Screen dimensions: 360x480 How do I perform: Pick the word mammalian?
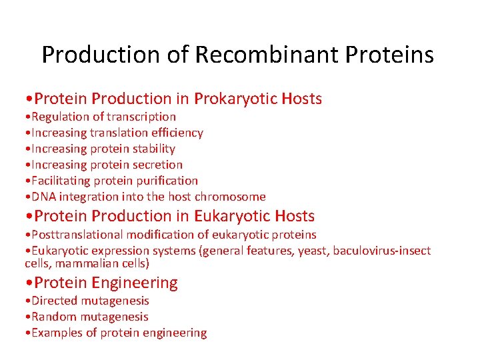pos(87,263)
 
